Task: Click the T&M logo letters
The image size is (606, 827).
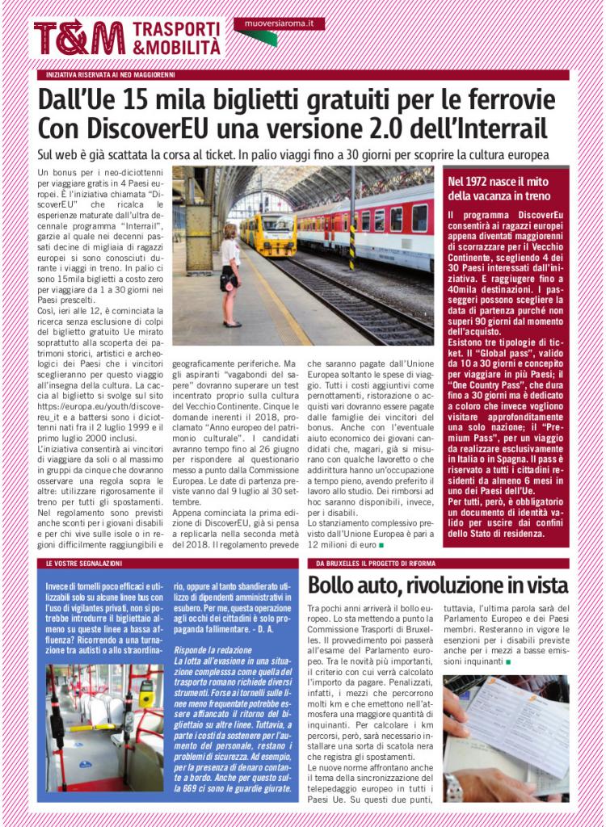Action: [79, 39]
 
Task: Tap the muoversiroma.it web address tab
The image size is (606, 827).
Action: [279, 24]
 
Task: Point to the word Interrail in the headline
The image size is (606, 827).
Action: [500, 128]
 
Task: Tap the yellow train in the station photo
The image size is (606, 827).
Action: [267, 234]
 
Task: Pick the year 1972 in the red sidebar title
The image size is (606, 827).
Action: [486, 182]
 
